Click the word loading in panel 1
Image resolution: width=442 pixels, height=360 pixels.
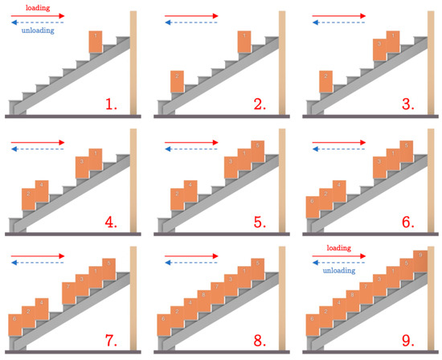click(37, 6)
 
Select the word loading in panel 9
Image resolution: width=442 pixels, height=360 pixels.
click(338, 247)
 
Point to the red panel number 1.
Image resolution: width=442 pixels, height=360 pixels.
click(113, 104)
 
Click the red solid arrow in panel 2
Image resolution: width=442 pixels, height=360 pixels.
click(191, 15)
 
